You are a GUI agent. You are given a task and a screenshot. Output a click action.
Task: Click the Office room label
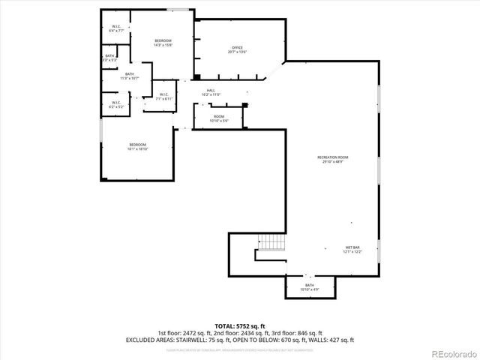[x=238, y=49]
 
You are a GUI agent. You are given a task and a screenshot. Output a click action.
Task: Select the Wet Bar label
[x=353, y=249]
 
